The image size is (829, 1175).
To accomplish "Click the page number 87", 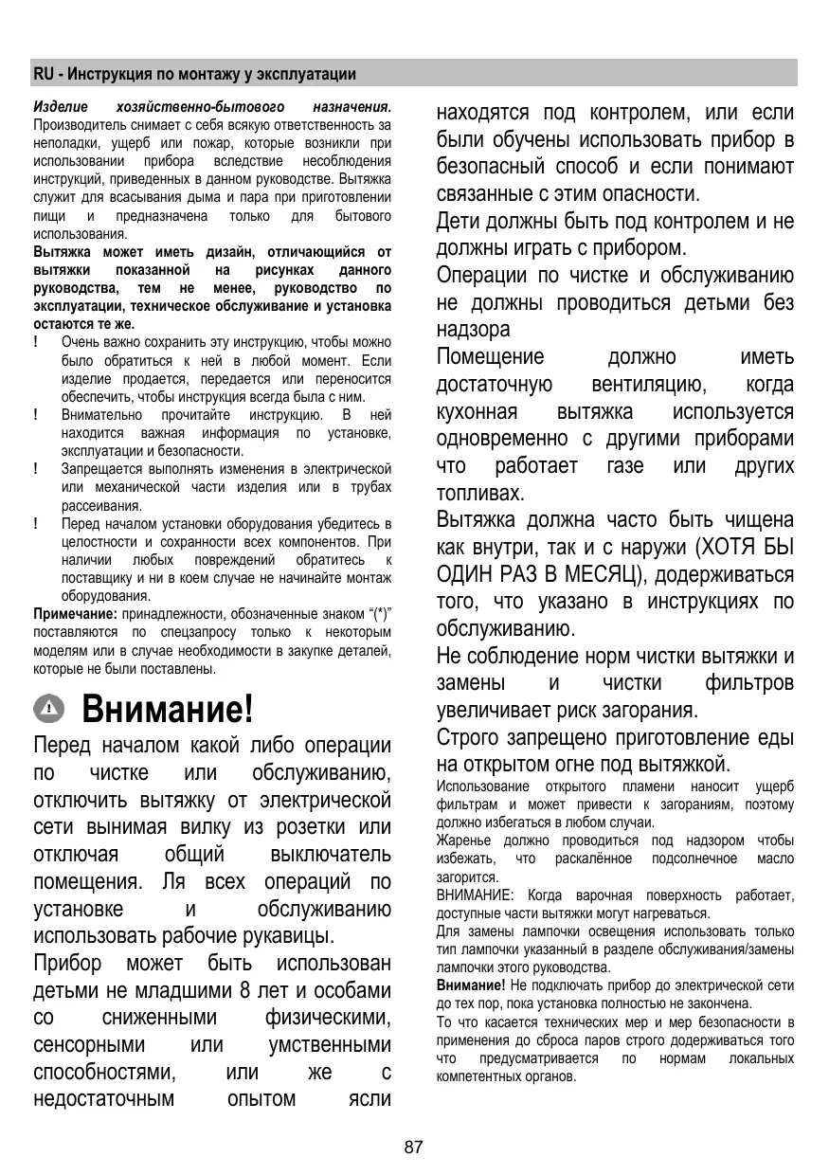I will tap(413, 1148).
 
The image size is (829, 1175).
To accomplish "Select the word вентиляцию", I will tap(648, 385).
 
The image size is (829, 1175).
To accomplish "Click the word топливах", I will tap(479, 494).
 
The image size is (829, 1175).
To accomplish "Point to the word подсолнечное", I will tap(694, 859).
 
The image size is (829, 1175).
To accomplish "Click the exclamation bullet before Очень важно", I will tap(37, 339).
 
